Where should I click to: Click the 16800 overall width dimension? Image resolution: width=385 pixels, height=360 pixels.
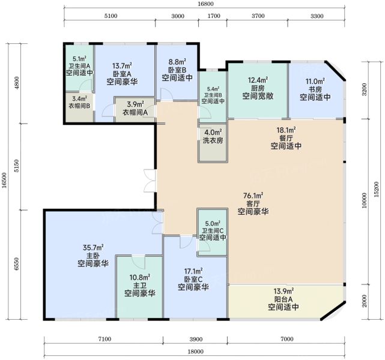tap(205, 4)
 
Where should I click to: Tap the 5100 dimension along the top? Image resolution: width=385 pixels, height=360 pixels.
tap(111, 16)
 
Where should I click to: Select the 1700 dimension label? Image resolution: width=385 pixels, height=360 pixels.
tap(214, 16)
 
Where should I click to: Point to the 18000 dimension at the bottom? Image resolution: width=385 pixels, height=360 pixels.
tap(196, 352)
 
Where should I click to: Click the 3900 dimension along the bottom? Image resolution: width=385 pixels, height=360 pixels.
tap(196, 339)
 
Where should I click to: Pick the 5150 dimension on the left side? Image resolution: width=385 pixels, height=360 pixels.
tap(16, 166)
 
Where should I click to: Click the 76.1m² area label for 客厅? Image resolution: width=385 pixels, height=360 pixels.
tap(253, 196)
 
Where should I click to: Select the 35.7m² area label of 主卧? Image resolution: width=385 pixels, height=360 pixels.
tap(93, 247)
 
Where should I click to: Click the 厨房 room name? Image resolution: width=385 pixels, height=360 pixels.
tap(258, 88)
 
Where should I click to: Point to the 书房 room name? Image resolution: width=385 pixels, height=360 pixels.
tap(315, 89)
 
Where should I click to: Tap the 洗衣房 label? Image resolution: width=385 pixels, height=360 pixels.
tap(213, 140)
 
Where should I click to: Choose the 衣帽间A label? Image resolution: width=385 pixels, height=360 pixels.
tap(135, 112)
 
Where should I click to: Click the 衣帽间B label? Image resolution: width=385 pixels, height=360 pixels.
tap(79, 106)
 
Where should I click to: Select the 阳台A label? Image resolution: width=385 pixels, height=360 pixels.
tap(283, 299)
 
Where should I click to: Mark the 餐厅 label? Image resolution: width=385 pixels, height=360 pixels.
tap(286, 138)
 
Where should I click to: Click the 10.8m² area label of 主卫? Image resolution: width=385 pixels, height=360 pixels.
tap(140, 278)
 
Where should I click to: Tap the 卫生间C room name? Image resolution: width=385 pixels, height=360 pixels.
tap(213, 231)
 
